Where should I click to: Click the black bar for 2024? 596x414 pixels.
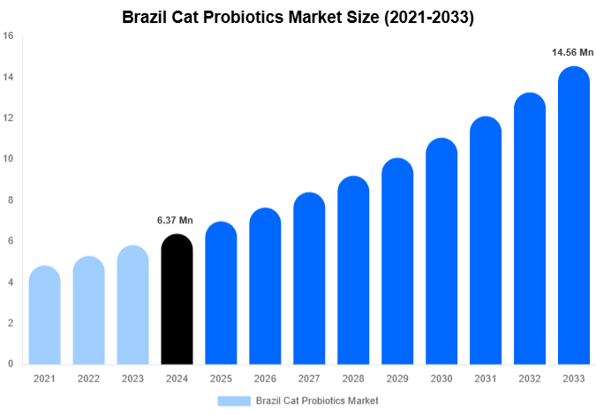point(177,300)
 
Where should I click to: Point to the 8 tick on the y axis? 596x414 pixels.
point(11,200)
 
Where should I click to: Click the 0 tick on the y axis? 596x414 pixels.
point(11,364)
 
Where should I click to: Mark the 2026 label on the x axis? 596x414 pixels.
point(265,379)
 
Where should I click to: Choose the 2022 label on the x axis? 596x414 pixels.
point(88,379)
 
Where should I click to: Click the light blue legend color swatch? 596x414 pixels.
point(233,401)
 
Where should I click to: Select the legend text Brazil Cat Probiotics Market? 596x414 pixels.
point(316,401)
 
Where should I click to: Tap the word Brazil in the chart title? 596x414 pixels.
point(145,16)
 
